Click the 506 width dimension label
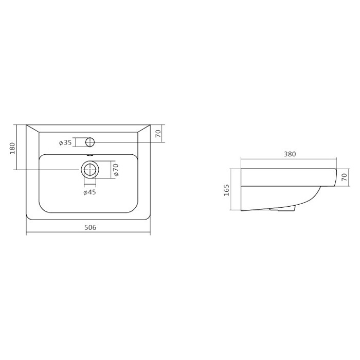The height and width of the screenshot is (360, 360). tap(90, 227)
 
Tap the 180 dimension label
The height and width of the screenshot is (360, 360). tap(12, 148)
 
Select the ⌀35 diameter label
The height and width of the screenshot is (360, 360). tap(65, 142)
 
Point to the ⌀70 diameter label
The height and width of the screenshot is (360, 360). tap(116, 169)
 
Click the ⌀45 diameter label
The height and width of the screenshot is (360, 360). tap(89, 192)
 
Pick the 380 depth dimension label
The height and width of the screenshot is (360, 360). tap(290, 154)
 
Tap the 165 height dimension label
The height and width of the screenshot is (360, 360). tap(226, 190)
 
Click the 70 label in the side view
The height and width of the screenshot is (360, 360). tap(345, 177)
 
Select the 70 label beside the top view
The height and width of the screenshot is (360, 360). tap(158, 134)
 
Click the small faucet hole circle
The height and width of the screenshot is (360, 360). tap(90, 142)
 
